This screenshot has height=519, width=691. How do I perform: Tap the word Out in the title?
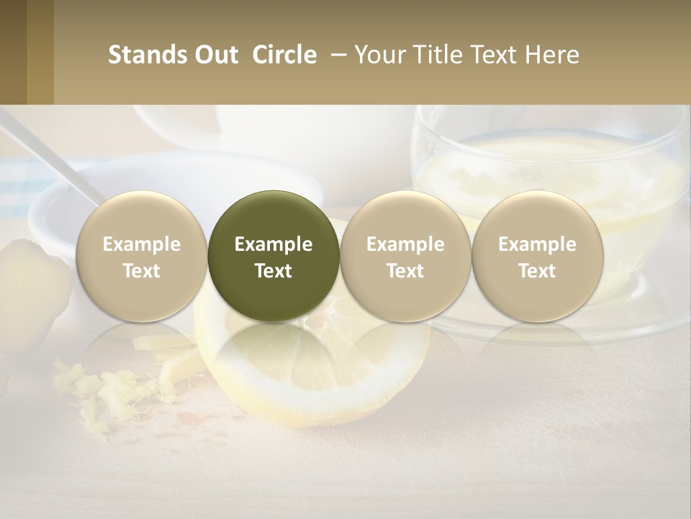[x=216, y=55]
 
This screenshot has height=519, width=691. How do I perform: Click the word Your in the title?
[x=377, y=55]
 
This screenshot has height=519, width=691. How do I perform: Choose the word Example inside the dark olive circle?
[x=274, y=244]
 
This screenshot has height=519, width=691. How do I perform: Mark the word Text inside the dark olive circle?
[x=274, y=271]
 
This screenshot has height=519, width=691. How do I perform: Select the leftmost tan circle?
[x=141, y=257]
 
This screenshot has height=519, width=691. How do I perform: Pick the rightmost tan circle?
[x=537, y=257]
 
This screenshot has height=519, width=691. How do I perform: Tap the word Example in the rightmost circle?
[x=537, y=244]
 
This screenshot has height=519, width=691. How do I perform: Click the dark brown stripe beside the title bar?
[x=14, y=52]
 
